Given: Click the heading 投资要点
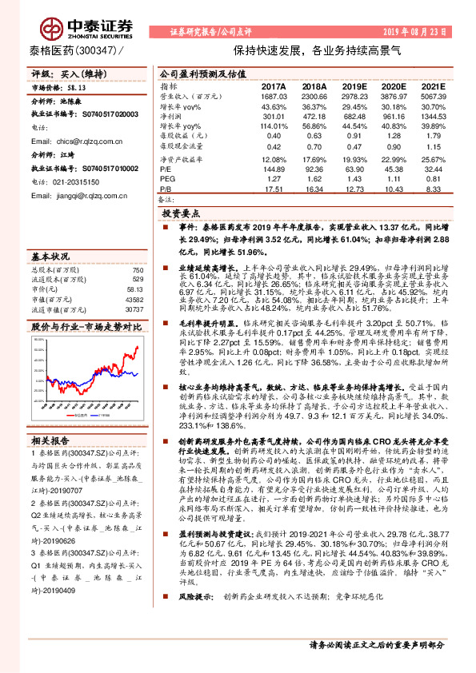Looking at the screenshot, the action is [181, 215].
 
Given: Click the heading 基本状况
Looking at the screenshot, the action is [50, 257].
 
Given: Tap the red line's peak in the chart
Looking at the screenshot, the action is [137, 347].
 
